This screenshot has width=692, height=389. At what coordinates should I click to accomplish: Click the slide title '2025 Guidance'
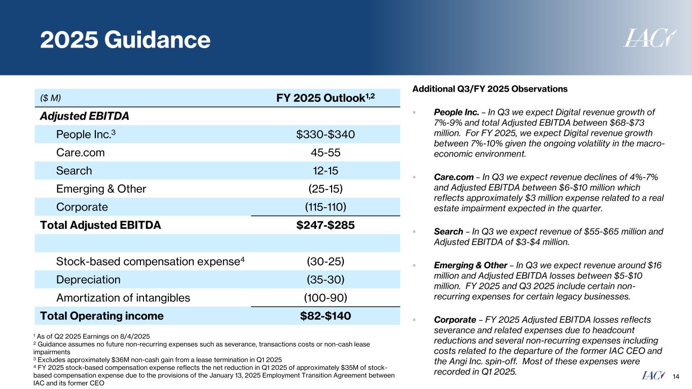tap(125, 40)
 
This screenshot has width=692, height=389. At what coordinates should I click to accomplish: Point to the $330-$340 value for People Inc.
tap(325, 134)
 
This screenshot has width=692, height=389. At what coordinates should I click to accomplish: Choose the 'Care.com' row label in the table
tap(81, 152)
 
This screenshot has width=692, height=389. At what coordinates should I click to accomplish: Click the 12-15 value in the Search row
tap(325, 171)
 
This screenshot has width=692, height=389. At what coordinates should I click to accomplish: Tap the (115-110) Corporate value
tap(325, 207)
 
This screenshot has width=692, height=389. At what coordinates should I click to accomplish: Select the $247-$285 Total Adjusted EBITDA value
tap(325, 225)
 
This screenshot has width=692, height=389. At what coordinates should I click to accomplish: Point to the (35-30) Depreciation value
tap(325, 280)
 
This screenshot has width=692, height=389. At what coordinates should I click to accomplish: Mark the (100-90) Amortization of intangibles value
tap(325, 298)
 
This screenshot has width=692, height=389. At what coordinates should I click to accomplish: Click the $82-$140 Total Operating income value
tap(325, 316)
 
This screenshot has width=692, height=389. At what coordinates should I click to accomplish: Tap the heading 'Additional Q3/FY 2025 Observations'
tap(490, 89)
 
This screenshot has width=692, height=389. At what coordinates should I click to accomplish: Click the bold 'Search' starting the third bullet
tap(449, 232)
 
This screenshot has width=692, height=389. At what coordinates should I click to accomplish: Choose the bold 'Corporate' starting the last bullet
tap(454, 320)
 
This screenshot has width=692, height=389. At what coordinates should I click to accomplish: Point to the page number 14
tap(676, 376)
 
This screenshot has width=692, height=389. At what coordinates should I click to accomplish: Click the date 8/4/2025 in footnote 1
tap(135, 336)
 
